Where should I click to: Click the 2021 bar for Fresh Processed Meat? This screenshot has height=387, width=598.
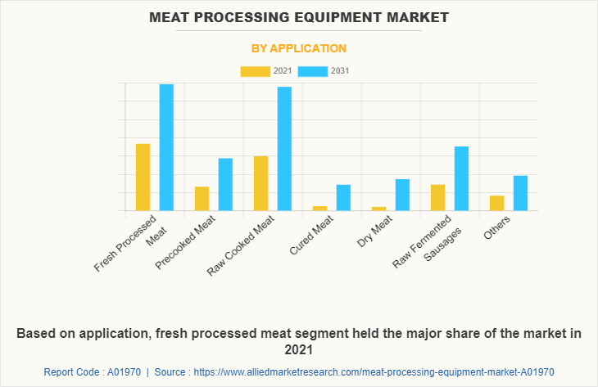click(x=143, y=178)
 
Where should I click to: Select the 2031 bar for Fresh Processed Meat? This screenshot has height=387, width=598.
click(x=166, y=147)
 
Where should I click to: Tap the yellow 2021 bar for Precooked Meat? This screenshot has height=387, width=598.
click(x=202, y=199)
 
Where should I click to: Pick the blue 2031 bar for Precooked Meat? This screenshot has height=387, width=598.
click(x=225, y=184)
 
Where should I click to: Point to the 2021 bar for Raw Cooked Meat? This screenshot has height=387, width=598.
click(x=260, y=183)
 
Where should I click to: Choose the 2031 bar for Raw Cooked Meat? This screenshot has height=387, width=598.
click(x=284, y=149)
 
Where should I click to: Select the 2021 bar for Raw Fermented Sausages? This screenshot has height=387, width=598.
click(x=437, y=198)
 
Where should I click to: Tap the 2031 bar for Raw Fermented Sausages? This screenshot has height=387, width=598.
click(x=461, y=178)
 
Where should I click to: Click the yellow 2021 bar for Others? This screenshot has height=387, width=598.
click(x=496, y=203)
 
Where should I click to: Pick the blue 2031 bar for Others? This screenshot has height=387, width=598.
click(x=520, y=193)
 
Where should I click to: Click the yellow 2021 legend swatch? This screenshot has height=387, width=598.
click(x=255, y=71)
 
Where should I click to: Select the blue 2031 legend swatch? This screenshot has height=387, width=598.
click(x=313, y=71)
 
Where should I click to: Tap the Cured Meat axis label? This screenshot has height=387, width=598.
click(x=312, y=236)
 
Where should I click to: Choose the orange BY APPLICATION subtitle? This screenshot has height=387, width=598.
click(x=298, y=48)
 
